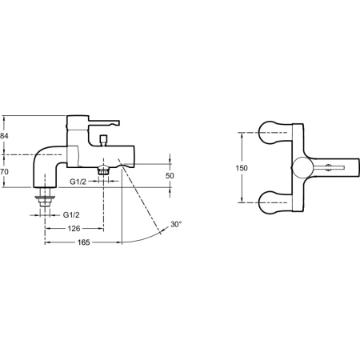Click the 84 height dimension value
pos(5,136)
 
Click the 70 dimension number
pos(5,171)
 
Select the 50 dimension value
pos(170,175)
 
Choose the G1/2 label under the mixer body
pos(78,182)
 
